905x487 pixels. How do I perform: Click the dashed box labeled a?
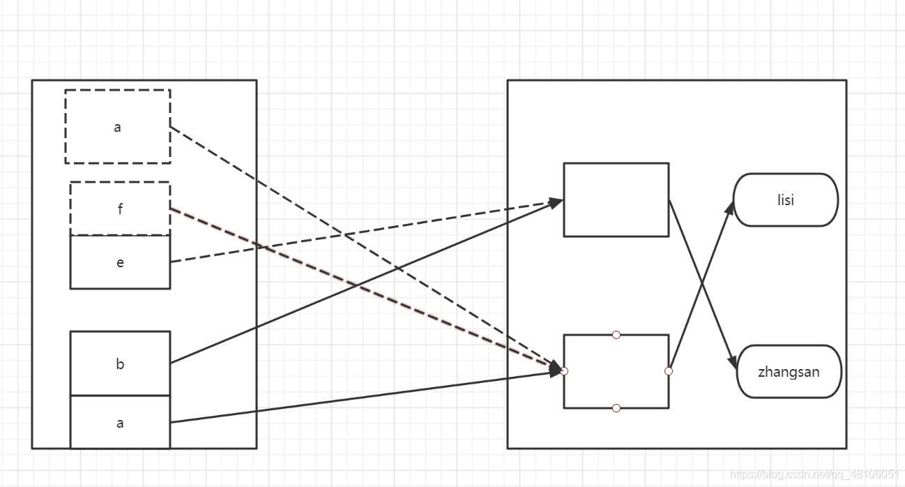coord(117,126)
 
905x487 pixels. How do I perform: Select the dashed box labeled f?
coord(120,209)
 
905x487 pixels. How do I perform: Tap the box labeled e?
coord(120,262)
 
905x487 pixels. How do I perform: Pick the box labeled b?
coord(120,364)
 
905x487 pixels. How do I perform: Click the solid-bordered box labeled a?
coord(120,422)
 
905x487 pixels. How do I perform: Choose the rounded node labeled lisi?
coord(786,200)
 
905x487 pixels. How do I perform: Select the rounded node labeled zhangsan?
coord(789,371)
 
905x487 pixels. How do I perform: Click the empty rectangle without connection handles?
coord(616,200)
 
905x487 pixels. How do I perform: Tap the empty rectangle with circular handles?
coord(616,371)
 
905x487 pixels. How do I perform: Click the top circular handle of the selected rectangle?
coord(616,335)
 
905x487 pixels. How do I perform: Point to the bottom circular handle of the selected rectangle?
coord(616,408)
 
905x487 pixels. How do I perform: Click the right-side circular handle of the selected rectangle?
coord(669,371)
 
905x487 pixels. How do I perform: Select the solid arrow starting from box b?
coord(363,283)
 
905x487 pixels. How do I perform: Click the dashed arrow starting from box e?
coord(363,232)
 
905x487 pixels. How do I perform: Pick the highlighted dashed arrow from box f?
coord(363,289)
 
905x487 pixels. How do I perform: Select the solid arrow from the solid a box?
coord(363,397)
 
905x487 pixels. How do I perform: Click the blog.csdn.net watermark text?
coord(815,475)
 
